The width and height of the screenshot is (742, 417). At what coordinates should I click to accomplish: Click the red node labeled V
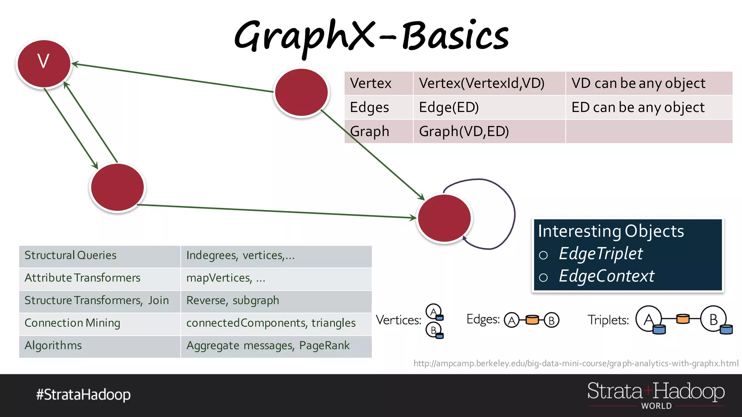44,63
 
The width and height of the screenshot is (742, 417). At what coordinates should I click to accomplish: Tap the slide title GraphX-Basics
371,36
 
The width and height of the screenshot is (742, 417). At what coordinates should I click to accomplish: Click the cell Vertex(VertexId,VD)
482,83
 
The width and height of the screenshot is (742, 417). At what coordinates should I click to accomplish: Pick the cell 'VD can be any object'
638,83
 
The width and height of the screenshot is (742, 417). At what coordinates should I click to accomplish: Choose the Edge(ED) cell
449,108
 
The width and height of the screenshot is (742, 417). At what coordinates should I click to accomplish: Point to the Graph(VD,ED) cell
464,131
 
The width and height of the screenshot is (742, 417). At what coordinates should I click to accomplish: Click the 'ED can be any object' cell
638,108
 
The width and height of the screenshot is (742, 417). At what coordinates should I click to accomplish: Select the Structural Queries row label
71,256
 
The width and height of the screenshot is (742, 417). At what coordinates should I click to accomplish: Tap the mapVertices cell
226,278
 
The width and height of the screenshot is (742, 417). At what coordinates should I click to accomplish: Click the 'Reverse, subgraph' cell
233,300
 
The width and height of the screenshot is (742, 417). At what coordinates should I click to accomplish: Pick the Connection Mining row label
72,323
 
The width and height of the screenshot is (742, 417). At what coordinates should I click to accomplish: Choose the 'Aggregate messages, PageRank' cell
268,346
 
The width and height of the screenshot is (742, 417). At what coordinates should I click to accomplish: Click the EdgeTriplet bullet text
601,253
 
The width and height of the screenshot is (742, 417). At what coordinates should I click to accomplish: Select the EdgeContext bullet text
606,276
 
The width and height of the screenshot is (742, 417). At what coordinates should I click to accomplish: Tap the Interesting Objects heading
611,231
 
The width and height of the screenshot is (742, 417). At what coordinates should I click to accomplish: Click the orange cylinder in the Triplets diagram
683,319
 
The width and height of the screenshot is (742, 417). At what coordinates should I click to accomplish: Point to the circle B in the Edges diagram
551,320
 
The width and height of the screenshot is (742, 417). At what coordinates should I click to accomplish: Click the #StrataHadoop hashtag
83,395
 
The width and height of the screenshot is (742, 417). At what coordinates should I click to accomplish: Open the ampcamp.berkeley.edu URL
576,363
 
